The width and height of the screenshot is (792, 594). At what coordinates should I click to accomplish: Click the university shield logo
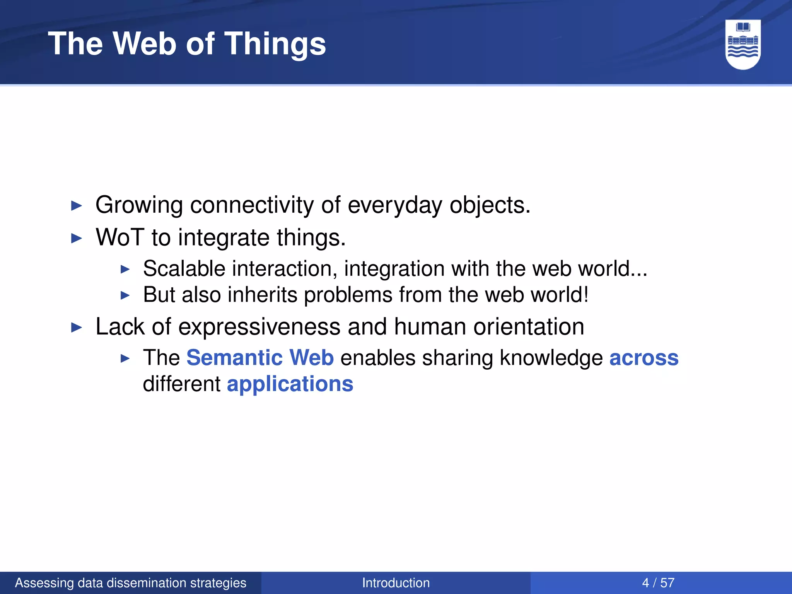pyautogui.click(x=743, y=44)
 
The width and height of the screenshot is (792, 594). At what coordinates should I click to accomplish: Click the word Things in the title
pyautogui.click(x=275, y=44)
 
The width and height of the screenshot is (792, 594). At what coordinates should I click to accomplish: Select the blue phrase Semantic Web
pyautogui.click(x=260, y=357)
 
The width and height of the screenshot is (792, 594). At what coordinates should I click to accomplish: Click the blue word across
pyautogui.click(x=643, y=357)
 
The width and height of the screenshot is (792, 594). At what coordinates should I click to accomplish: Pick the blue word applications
pyautogui.click(x=290, y=384)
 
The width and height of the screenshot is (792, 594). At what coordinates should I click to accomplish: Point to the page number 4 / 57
pyautogui.click(x=658, y=583)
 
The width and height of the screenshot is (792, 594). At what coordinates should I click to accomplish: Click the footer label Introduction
pyautogui.click(x=396, y=583)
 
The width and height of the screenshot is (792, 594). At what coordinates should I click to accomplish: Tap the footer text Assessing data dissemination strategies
pyautogui.click(x=130, y=583)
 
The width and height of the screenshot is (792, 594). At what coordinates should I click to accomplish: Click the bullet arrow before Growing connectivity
pyautogui.click(x=77, y=206)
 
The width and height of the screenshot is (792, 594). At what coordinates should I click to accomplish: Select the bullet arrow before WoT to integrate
pyautogui.click(x=77, y=238)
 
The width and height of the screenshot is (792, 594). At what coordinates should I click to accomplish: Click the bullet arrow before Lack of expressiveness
pyautogui.click(x=77, y=328)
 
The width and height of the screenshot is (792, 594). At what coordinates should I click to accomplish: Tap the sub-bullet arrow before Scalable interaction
pyautogui.click(x=125, y=269)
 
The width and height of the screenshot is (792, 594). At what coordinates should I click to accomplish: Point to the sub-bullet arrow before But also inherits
pyautogui.click(x=125, y=295)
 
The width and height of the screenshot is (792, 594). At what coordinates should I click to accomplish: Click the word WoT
pyautogui.click(x=119, y=237)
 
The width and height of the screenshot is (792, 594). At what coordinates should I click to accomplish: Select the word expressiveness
pyautogui.click(x=259, y=327)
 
